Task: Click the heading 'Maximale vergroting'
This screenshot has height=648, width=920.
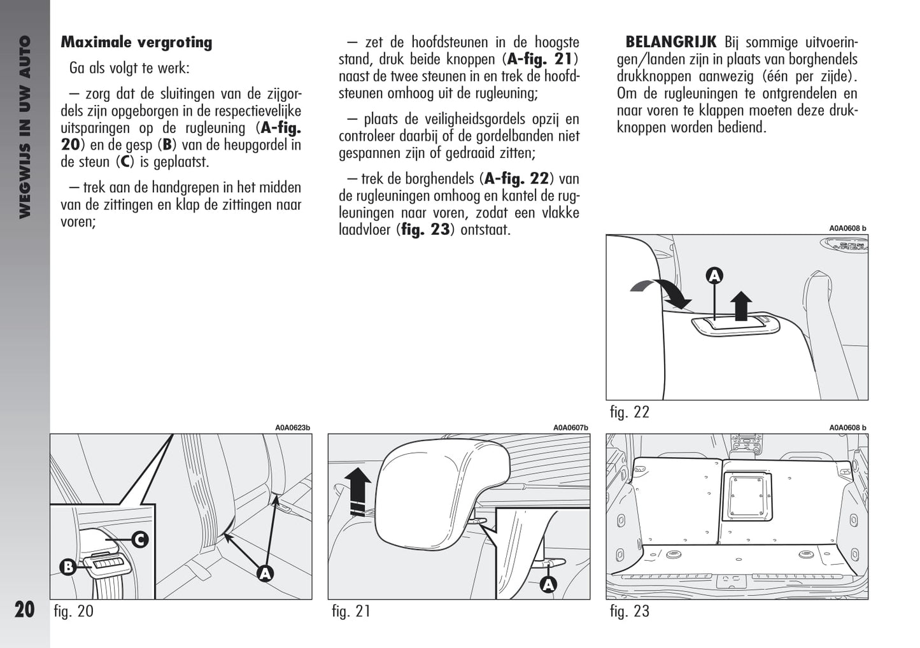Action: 136,43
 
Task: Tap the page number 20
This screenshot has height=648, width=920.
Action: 24,609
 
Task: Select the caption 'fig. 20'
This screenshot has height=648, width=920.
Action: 74,611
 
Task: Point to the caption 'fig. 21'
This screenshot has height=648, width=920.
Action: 351,611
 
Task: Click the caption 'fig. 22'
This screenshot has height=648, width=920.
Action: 629,412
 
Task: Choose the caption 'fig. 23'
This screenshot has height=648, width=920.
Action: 629,611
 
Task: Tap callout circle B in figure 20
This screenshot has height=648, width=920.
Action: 67,567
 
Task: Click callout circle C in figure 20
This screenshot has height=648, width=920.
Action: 139,540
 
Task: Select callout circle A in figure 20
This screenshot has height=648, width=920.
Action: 265,573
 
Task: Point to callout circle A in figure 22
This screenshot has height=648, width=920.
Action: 714,276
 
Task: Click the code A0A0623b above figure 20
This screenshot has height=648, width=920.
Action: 292,428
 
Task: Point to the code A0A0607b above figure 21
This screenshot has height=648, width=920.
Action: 570,428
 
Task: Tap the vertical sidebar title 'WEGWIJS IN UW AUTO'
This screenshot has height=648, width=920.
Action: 25,127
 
